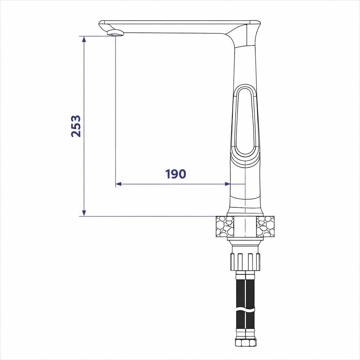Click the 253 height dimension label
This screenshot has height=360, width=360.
pyautogui.click(x=76, y=126)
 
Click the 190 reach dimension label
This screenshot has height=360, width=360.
pyautogui.click(x=176, y=174)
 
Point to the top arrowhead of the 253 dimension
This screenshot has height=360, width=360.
pyautogui.click(x=84, y=39)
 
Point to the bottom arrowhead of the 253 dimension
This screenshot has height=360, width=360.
pyautogui.click(x=84, y=213)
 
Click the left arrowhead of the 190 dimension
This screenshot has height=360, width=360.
pyautogui.click(x=118, y=184)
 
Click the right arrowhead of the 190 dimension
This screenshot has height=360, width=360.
pyautogui.click(x=227, y=184)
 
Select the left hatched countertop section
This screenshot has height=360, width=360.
pyautogui.click(x=225, y=227)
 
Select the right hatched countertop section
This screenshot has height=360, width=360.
pyautogui.click(x=265, y=227)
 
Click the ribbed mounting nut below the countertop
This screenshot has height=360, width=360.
pyautogui.click(x=245, y=262)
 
